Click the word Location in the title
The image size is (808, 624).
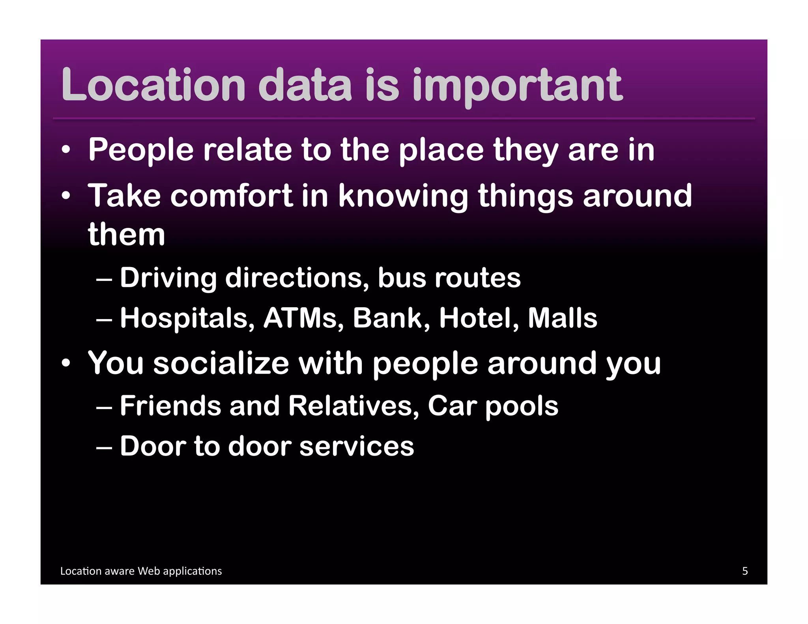pyautogui.click(x=154, y=84)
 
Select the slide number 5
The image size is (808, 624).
pyautogui.click(x=745, y=571)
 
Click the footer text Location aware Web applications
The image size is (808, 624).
pyautogui.click(x=141, y=571)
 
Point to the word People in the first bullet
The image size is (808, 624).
pyautogui.click(x=141, y=150)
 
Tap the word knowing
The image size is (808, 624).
pyautogui.click(x=403, y=196)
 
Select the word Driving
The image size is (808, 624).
pyautogui.click(x=168, y=278)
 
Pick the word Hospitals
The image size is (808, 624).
pyautogui.click(x=187, y=319)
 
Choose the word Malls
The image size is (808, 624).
pyautogui.click(x=563, y=318)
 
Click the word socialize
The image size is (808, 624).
pyautogui.click(x=221, y=363)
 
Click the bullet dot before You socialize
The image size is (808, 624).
pyautogui.click(x=66, y=363)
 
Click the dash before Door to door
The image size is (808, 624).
pyautogui.click(x=104, y=447)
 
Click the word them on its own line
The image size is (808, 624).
pyautogui.click(x=126, y=235)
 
